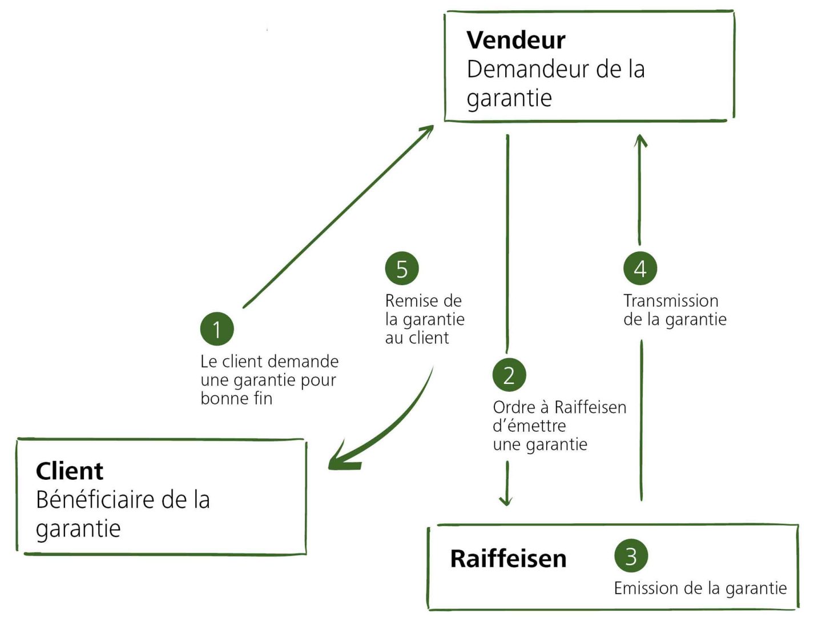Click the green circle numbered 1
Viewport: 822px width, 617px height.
(x=217, y=328)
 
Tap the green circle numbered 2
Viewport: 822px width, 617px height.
(x=509, y=375)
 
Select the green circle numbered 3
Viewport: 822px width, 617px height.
(x=631, y=556)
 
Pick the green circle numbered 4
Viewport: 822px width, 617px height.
(x=640, y=269)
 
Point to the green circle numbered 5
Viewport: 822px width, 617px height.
(x=402, y=269)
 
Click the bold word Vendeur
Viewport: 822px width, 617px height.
(x=515, y=40)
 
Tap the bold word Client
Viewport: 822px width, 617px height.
(x=70, y=471)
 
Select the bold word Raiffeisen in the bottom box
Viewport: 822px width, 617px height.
(x=508, y=558)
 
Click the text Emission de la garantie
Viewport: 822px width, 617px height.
(x=700, y=588)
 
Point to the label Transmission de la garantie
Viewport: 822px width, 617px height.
(x=674, y=310)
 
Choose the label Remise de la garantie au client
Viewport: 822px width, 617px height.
(x=424, y=319)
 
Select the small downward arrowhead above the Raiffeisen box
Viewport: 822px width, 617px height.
(x=506, y=501)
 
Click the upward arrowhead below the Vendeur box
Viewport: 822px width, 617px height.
(x=640, y=140)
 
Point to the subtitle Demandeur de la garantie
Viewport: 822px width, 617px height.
(x=555, y=83)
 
